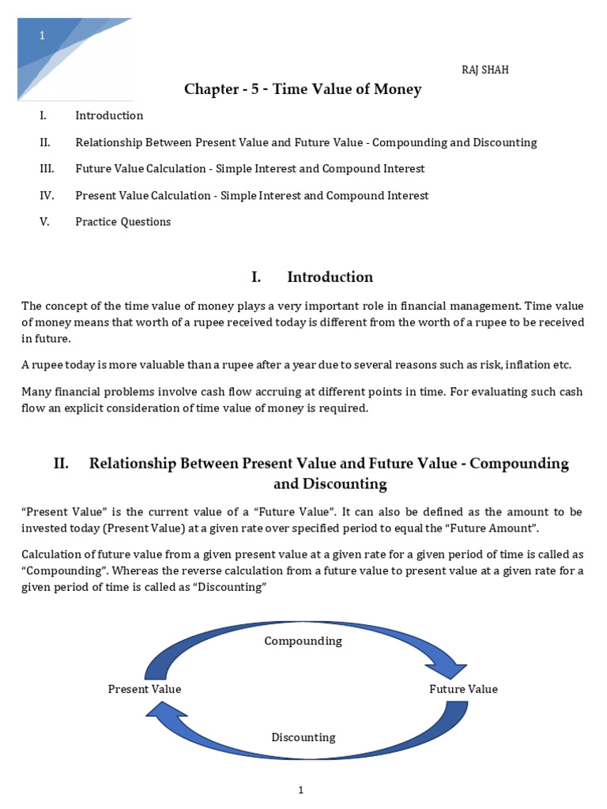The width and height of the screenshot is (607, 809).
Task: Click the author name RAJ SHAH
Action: pyautogui.click(x=485, y=70)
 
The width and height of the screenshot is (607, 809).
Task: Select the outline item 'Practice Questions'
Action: pyautogui.click(x=123, y=222)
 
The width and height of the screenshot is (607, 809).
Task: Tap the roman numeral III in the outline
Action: pyautogui.click(x=44, y=169)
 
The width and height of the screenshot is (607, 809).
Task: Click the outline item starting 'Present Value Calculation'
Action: pyautogui.click(x=251, y=195)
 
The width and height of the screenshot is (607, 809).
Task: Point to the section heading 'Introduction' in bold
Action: pyautogui.click(x=330, y=277)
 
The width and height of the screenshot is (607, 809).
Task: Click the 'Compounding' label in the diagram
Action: pyautogui.click(x=303, y=641)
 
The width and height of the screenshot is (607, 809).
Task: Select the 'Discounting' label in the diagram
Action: pyautogui.click(x=303, y=737)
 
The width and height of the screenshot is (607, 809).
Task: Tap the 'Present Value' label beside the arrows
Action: pyautogui.click(x=145, y=689)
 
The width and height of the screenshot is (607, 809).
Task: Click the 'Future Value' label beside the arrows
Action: pyautogui.click(x=463, y=689)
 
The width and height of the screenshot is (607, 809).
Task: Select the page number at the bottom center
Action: pyautogui.click(x=301, y=790)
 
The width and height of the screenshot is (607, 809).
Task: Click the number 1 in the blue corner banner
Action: pyautogui.click(x=43, y=36)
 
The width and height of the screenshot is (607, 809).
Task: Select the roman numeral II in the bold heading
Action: pyautogui.click(x=62, y=464)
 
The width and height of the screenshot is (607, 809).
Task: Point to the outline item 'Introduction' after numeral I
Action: pyautogui.click(x=109, y=115)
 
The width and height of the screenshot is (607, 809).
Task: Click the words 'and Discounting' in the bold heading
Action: pyautogui.click(x=330, y=484)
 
